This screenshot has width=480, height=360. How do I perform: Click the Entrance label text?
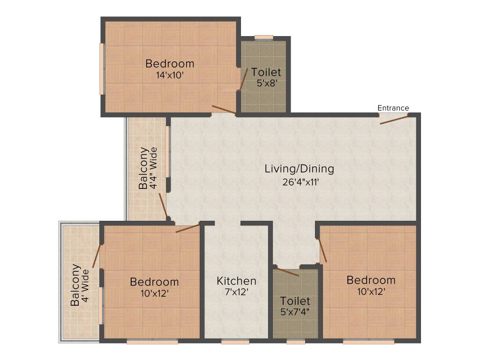point(393,108)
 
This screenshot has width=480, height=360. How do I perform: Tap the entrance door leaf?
point(394,120)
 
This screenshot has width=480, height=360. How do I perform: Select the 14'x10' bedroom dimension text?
point(170,75)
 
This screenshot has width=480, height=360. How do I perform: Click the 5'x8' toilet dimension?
point(267,83)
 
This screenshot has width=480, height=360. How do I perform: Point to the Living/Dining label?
point(300,169)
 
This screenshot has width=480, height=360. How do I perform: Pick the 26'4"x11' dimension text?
point(300,182)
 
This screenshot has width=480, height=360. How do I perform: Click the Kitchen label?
point(236,281)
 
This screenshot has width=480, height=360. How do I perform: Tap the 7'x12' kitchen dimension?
point(236,292)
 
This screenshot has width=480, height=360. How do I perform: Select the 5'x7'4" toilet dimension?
point(295,312)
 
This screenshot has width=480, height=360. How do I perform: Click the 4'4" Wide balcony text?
point(153,168)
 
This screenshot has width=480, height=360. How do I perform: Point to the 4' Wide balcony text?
point(85,285)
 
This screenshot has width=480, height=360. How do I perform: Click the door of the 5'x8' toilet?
point(244,79)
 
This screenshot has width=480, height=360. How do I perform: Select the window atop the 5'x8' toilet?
point(264,38)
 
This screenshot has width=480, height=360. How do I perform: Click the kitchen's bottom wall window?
point(235,341)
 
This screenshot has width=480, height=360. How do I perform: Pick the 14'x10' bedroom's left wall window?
point(102,69)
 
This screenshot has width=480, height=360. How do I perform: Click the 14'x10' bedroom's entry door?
point(224,110)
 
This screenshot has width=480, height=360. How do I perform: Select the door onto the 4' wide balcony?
point(97,256)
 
